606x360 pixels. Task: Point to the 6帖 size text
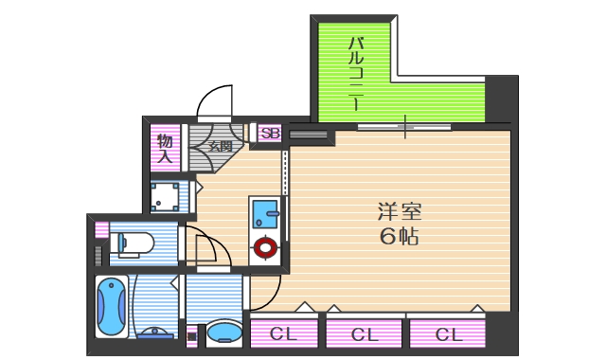pyautogui.click(x=399, y=237)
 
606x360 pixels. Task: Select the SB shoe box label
pyautogui.click(x=269, y=134)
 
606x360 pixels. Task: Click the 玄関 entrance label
pyautogui.click(x=220, y=146)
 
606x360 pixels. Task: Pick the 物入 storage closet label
pyautogui.click(x=165, y=149)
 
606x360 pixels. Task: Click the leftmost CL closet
pyautogui.click(x=281, y=333)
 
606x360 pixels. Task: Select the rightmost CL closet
pyautogui.click(x=448, y=333)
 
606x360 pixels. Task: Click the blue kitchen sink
pyautogui.click(x=262, y=212)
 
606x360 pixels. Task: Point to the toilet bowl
pyautogui.click(x=134, y=243)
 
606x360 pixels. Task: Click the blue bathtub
pyautogui.click(x=111, y=305)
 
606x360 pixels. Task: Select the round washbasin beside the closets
pyautogui.click(x=224, y=332)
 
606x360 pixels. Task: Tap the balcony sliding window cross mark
pyautogui.click(x=404, y=126)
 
